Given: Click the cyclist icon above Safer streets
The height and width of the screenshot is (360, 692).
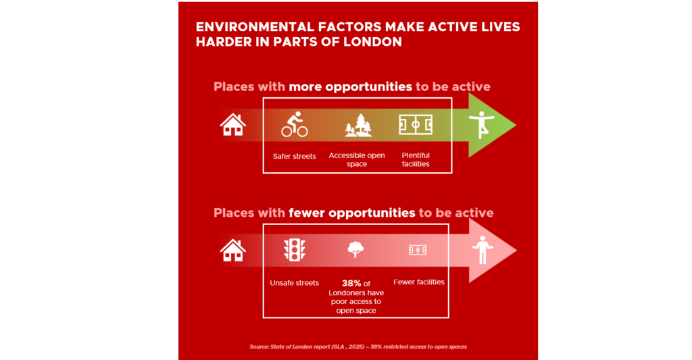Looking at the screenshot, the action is [x=295, y=124].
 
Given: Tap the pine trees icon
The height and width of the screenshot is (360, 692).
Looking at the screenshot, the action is [x=358, y=126].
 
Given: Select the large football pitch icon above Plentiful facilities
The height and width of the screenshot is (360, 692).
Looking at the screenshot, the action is [x=416, y=125].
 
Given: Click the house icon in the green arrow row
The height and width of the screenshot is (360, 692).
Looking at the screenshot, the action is [x=232, y=125].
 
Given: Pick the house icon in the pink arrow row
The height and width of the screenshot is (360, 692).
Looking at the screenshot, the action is [x=232, y=250].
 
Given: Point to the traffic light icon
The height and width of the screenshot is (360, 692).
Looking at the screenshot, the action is [x=295, y=250].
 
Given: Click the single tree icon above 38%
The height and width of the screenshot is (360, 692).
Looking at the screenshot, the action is [x=355, y=249].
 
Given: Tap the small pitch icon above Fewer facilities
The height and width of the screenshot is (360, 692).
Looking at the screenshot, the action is [x=418, y=250].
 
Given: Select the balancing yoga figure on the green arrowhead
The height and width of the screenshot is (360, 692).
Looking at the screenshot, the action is [x=481, y=125].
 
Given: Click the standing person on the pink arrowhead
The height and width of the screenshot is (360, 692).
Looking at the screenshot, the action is [x=483, y=250].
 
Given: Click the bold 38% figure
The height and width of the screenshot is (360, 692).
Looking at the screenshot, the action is [x=351, y=283].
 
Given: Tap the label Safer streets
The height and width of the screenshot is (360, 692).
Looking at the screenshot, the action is [x=295, y=156].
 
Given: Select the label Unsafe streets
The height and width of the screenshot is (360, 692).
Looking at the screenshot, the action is [x=295, y=283].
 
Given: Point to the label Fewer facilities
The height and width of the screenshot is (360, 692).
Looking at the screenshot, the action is [x=419, y=282].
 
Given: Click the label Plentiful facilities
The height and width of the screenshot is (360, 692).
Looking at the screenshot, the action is [x=416, y=159].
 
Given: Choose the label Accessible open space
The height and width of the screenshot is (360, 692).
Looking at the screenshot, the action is [x=357, y=159].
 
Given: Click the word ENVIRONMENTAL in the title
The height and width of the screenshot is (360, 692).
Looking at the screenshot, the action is [x=255, y=27].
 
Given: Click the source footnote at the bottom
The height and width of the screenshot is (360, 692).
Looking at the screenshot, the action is [x=358, y=346].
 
